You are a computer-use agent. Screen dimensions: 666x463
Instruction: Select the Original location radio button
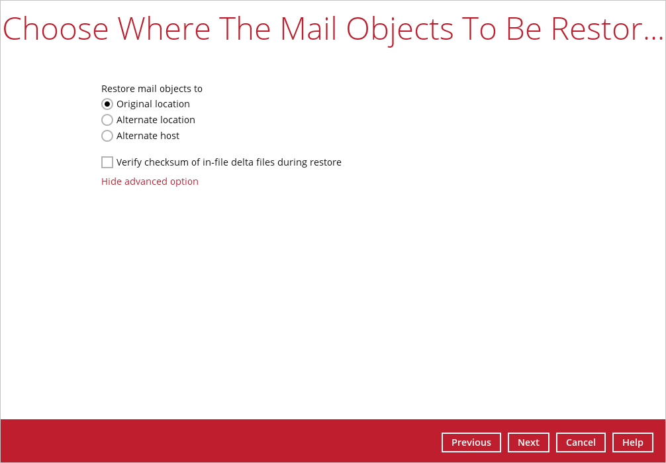click(107, 104)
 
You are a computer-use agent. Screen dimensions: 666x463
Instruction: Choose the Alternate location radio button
click(107, 120)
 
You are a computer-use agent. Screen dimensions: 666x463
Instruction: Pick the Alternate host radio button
click(107, 136)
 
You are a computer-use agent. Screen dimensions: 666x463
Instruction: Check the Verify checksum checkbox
click(107, 162)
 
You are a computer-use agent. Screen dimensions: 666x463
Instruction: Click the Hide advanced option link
click(150, 181)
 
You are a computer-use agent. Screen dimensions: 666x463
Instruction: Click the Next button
click(528, 442)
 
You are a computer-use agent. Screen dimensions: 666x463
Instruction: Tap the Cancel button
click(581, 442)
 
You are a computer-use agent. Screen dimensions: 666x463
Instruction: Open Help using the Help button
click(633, 442)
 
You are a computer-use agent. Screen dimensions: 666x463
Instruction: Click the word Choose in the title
click(56, 29)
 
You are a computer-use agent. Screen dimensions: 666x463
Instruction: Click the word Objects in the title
click(400, 30)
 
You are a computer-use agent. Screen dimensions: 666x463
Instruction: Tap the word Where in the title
click(164, 29)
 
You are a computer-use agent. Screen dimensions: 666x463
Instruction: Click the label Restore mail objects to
click(152, 89)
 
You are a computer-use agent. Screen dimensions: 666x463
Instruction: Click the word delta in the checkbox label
click(253, 162)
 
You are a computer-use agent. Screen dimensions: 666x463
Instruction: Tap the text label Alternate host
click(148, 136)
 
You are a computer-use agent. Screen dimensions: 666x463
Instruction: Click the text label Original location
click(153, 104)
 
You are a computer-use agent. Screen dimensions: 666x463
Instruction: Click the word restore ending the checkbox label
click(325, 162)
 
